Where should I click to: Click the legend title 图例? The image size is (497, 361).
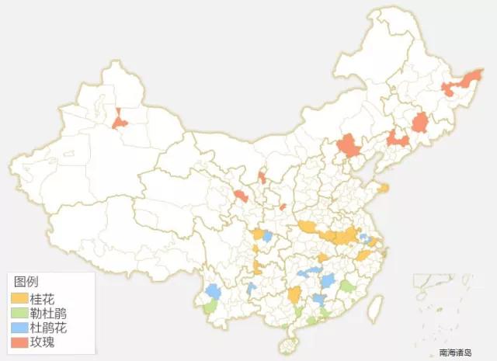(x=26, y=283)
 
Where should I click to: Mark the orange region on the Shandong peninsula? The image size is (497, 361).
(x=383, y=187)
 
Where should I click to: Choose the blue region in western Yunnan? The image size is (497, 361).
(x=213, y=291)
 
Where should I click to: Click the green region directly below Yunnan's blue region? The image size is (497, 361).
(x=209, y=307)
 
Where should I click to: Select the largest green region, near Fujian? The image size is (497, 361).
(x=348, y=287)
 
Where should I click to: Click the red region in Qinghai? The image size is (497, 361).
(x=242, y=196)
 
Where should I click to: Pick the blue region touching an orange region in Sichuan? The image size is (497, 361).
(x=267, y=236)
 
